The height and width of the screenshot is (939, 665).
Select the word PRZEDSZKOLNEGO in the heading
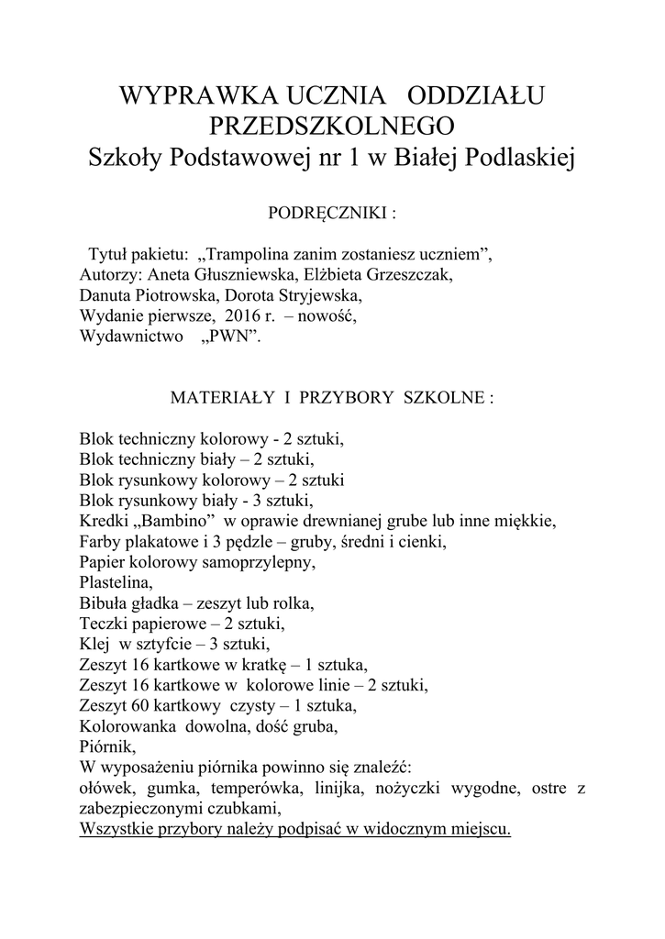point(332,127)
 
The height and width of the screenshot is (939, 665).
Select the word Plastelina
point(116,582)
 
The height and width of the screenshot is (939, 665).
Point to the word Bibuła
point(103,603)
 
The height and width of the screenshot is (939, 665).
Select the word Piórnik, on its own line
point(106,746)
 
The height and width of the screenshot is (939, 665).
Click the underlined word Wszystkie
point(116,829)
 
